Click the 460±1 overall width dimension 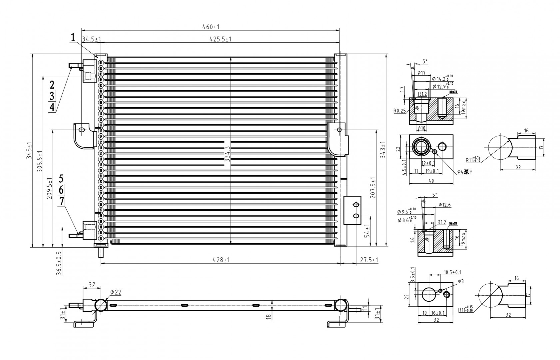pos(210,27)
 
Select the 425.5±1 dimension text pos(220,39)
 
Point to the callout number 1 pos(73,38)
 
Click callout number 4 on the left pos(52,107)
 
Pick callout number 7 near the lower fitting pos(61,201)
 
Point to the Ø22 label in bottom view pos(116,292)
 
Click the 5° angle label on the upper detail pos(425,61)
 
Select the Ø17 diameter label pos(421,73)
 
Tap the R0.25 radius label pos(399,111)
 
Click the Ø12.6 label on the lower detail pos(444,205)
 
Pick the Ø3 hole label pos(460,282)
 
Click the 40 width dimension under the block pos(431,181)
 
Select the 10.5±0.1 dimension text pos(452,272)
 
